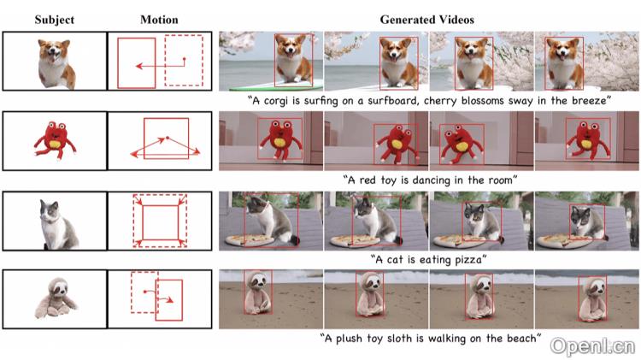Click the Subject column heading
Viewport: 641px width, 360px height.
[55, 20]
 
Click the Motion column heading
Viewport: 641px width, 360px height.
[159, 20]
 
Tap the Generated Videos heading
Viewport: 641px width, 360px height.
[426, 20]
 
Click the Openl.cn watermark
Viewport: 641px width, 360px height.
[593, 346]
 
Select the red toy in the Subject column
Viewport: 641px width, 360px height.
[55, 139]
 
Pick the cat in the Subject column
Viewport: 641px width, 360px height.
[58, 224]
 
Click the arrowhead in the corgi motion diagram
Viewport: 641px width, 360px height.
[139, 66]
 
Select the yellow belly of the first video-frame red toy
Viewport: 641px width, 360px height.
[280, 142]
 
